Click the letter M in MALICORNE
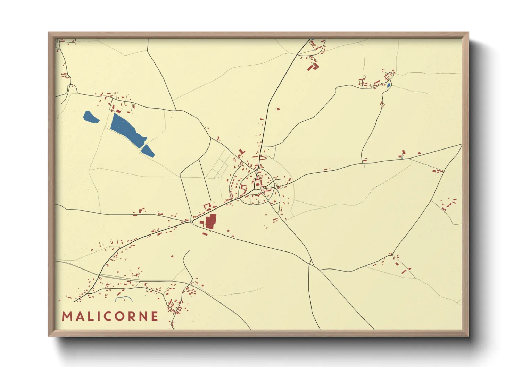coord(67,316)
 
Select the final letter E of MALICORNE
coord(155,316)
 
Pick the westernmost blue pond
coord(91,117)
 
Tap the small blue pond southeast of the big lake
coord(148,151)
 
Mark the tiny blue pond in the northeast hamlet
coord(389,85)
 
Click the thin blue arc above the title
coord(124,298)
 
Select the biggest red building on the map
coord(211,221)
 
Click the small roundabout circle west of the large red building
coord(192,222)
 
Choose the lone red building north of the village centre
coord(278,109)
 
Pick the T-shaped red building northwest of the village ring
coord(242,152)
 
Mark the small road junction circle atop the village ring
coord(257,170)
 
